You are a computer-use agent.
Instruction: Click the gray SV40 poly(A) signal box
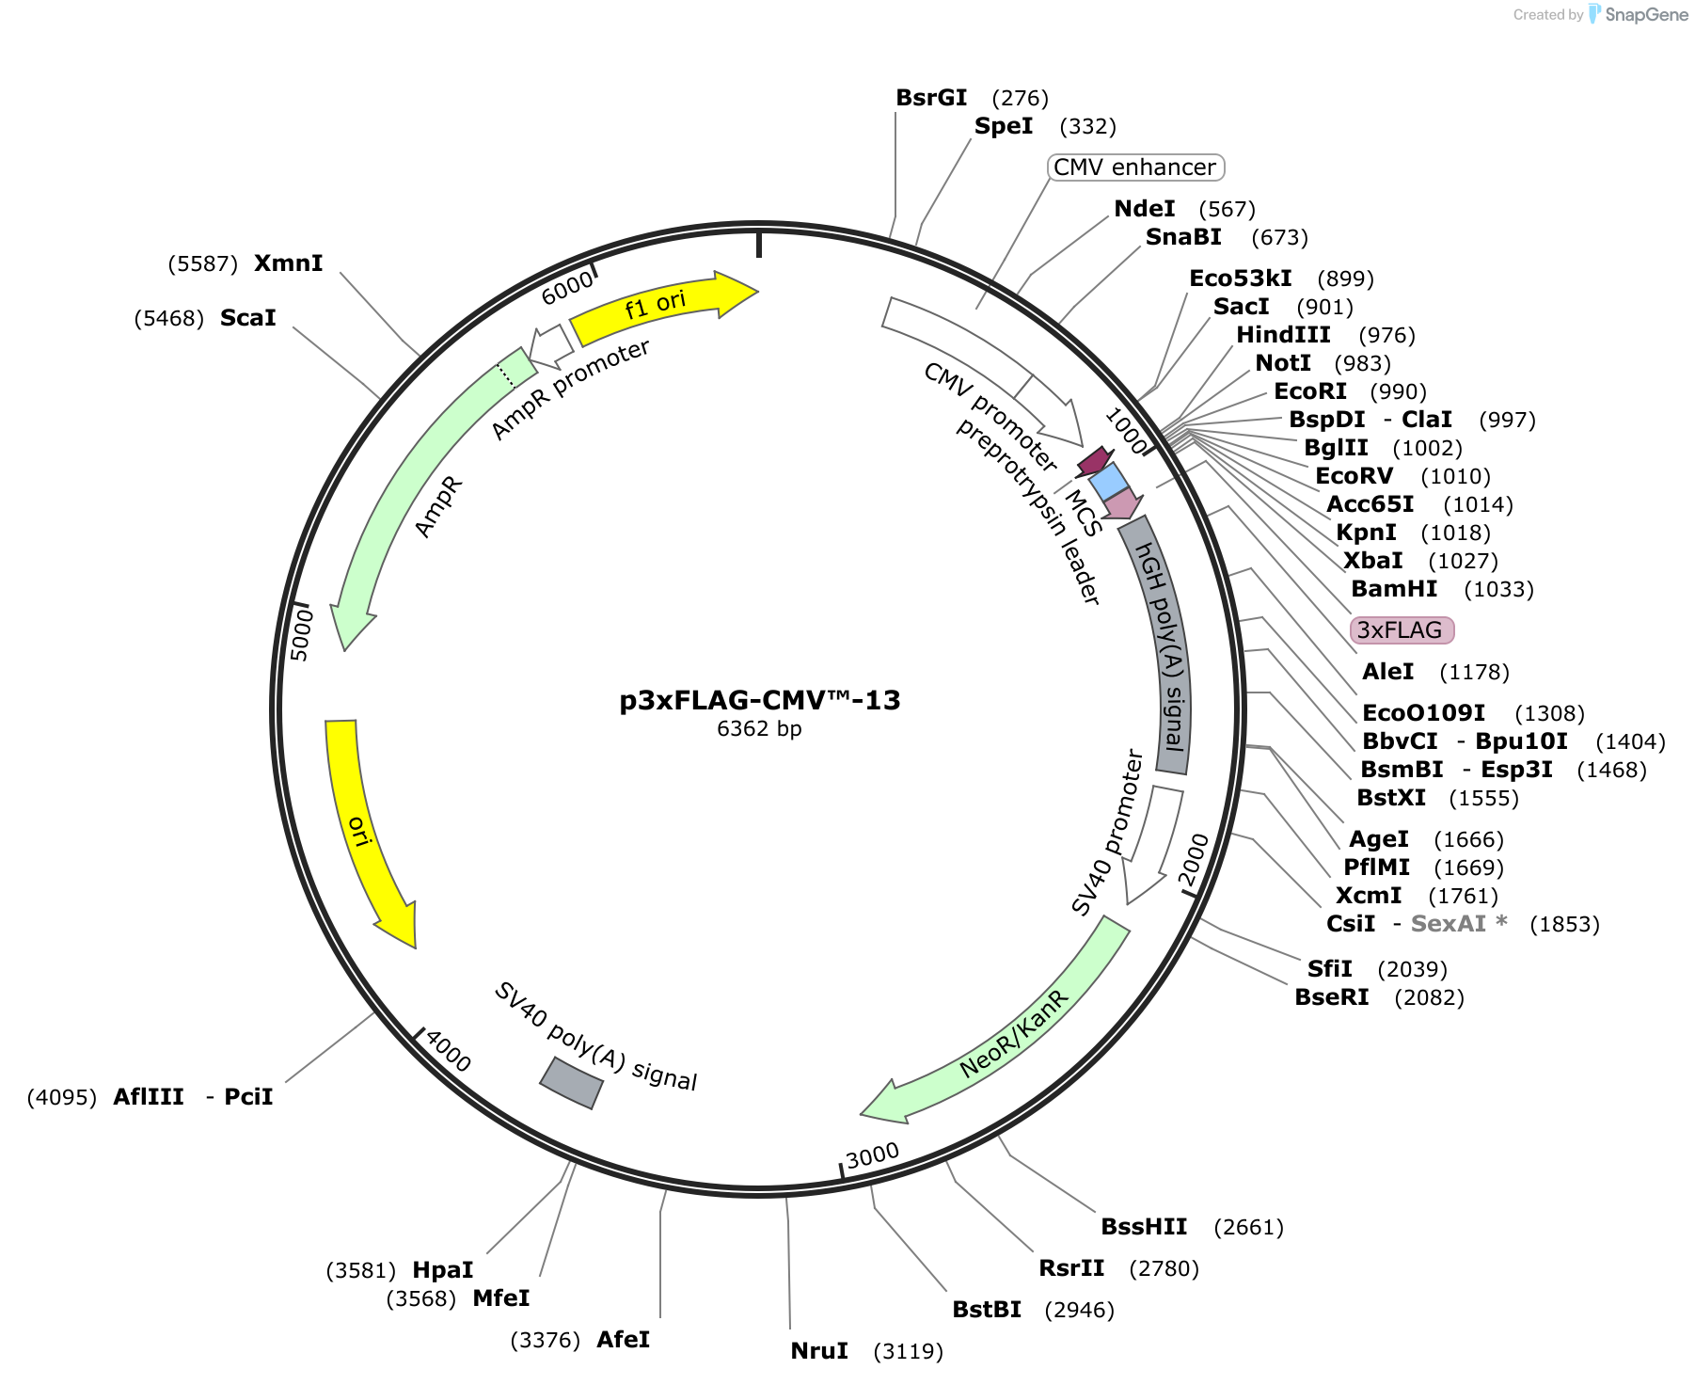(571, 1082)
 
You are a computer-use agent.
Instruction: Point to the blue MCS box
(1108, 482)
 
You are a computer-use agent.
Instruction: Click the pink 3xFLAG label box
(1402, 630)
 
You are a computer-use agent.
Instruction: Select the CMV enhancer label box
(1135, 167)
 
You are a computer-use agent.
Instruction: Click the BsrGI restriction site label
(931, 98)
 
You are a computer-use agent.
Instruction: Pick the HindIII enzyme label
(1283, 335)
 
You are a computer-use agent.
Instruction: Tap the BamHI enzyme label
(1394, 589)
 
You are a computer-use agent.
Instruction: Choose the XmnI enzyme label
(288, 263)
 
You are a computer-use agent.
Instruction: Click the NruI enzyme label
(819, 1351)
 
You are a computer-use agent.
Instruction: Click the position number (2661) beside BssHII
(1248, 1227)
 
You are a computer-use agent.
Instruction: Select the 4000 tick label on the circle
(448, 1050)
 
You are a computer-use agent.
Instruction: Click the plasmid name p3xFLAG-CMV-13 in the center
(760, 700)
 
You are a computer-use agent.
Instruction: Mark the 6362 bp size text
(759, 729)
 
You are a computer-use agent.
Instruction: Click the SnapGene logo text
(1646, 14)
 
